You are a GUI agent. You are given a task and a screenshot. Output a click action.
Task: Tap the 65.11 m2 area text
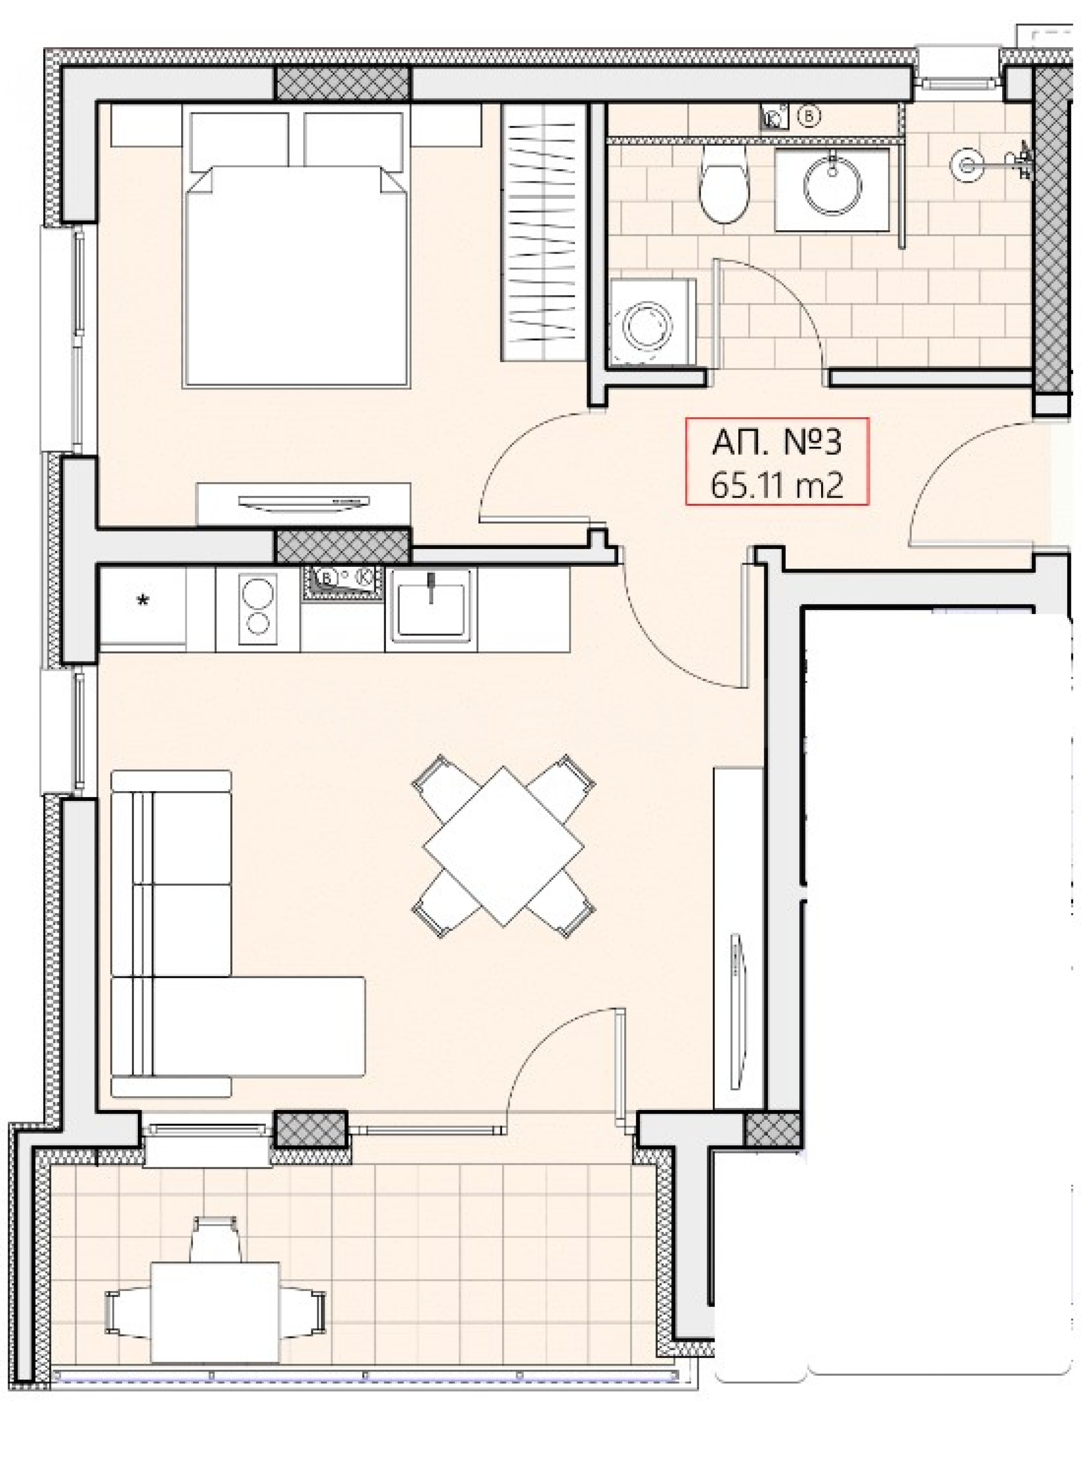[776, 486]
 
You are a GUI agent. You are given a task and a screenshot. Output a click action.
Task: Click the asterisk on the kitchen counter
[142, 600]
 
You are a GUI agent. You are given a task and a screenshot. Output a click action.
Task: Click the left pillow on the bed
[239, 142]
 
